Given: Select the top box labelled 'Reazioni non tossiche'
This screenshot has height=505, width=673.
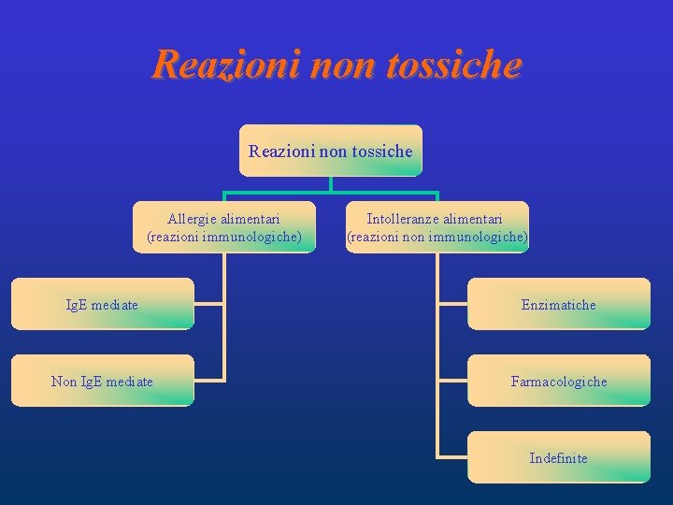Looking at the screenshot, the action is tap(330, 151).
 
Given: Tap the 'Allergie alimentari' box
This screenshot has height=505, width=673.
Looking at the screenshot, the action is tap(224, 227).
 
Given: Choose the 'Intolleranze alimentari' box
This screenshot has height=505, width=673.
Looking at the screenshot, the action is tap(437, 227).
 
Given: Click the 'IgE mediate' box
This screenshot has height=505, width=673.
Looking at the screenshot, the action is tap(102, 304).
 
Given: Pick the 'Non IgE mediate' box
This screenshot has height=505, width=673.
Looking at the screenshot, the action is tap(102, 381).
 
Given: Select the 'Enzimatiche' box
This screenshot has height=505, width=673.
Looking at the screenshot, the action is tap(558, 304).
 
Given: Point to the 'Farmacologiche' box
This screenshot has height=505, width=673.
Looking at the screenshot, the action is tap(558, 381).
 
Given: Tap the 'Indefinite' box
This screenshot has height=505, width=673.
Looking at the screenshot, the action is tap(558, 457).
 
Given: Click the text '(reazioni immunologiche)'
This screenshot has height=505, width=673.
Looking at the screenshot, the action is tap(224, 237).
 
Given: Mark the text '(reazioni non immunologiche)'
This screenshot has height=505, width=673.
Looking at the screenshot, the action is tap(437, 237).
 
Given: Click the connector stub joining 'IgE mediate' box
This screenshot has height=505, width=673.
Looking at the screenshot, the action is tap(209, 304).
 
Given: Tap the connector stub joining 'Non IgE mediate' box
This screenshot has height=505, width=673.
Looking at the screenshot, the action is tap(209, 381).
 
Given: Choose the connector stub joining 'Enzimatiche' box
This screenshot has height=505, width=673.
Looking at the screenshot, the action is tap(452, 304).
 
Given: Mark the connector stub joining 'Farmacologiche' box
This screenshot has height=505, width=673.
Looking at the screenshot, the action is tap(452, 381).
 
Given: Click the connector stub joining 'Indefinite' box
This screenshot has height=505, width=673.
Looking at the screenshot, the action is tap(452, 457).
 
